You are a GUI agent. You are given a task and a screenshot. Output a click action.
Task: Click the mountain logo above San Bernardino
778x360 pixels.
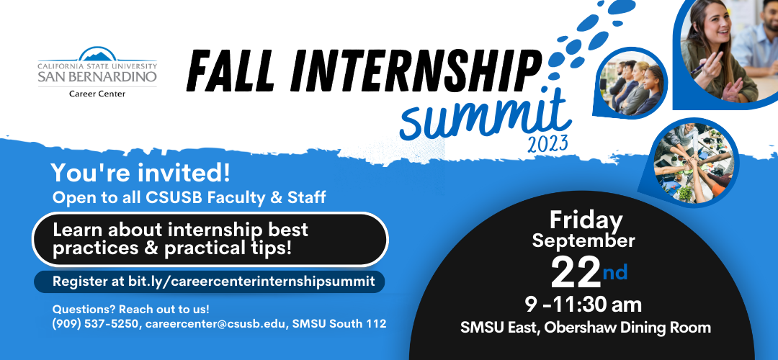click(x=98, y=53)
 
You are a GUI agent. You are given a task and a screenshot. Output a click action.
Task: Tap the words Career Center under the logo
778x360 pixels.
click(x=97, y=94)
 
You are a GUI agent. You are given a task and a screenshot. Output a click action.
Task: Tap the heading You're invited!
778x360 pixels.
click(x=140, y=173)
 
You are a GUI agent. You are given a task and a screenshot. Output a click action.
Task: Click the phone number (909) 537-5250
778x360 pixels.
click(x=97, y=324)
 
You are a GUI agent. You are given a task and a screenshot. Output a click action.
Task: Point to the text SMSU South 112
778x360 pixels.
click(x=339, y=324)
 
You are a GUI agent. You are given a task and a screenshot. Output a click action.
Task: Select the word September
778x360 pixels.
click(x=583, y=241)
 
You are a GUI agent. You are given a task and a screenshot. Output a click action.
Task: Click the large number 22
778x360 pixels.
click(x=576, y=273)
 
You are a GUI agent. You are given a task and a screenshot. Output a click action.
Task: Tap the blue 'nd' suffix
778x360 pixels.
click(x=615, y=272)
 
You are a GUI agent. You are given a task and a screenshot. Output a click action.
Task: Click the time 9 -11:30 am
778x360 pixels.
click(x=583, y=305)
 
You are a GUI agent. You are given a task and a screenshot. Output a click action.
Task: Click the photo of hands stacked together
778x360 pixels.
click(x=692, y=163)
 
